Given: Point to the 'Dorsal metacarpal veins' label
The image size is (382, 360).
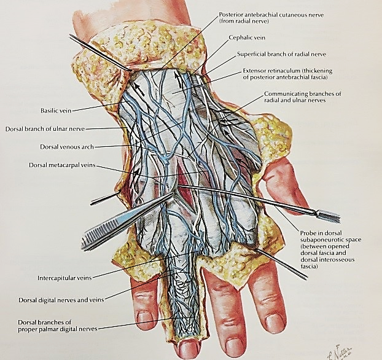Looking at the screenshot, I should [x=62, y=165].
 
